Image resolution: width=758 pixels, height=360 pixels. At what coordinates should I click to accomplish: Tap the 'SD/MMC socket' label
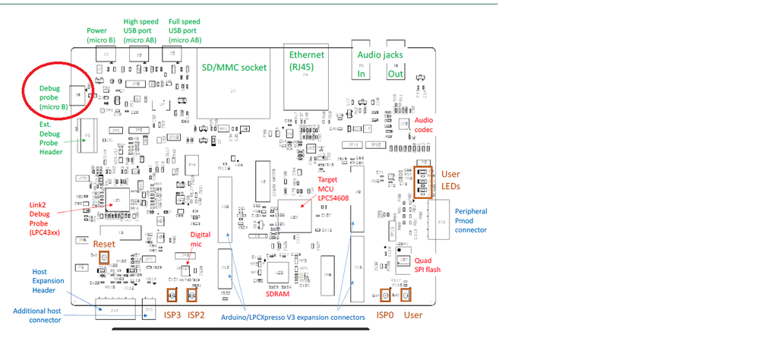pyautogui.click(x=234, y=68)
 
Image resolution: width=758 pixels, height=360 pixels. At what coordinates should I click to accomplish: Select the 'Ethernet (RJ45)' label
pyautogui.click(x=306, y=60)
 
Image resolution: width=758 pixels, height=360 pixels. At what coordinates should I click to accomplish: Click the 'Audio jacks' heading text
pyautogui.click(x=380, y=55)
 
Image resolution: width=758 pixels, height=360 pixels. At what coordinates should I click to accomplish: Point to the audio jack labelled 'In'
pyautogui.click(x=362, y=74)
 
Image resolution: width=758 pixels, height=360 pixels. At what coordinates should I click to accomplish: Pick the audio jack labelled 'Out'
pyautogui.click(x=396, y=74)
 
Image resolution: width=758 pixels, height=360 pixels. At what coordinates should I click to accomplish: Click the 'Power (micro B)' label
pyautogui.click(x=101, y=36)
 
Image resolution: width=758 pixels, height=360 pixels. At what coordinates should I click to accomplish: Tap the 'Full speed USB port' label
pyautogui.click(x=185, y=31)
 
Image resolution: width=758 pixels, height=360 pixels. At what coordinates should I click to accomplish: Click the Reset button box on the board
pyautogui.click(x=105, y=259)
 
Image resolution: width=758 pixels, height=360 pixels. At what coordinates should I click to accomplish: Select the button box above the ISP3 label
pyautogui.click(x=172, y=295)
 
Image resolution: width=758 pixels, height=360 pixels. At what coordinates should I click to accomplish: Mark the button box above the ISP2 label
pyautogui.click(x=192, y=295)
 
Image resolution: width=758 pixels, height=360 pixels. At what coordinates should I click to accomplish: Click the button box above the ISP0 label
pyautogui.click(x=385, y=295)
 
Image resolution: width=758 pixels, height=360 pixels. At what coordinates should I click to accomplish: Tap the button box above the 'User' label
pyautogui.click(x=406, y=295)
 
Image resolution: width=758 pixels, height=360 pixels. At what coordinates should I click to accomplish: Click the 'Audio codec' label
pyautogui.click(x=424, y=125)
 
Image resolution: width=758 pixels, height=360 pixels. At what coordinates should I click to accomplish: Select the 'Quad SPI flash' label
pyautogui.click(x=428, y=265)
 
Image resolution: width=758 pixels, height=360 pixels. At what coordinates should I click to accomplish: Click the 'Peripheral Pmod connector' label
pyautogui.click(x=470, y=220)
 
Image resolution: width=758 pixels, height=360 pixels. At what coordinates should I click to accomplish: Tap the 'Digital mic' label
pyautogui.click(x=201, y=240)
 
